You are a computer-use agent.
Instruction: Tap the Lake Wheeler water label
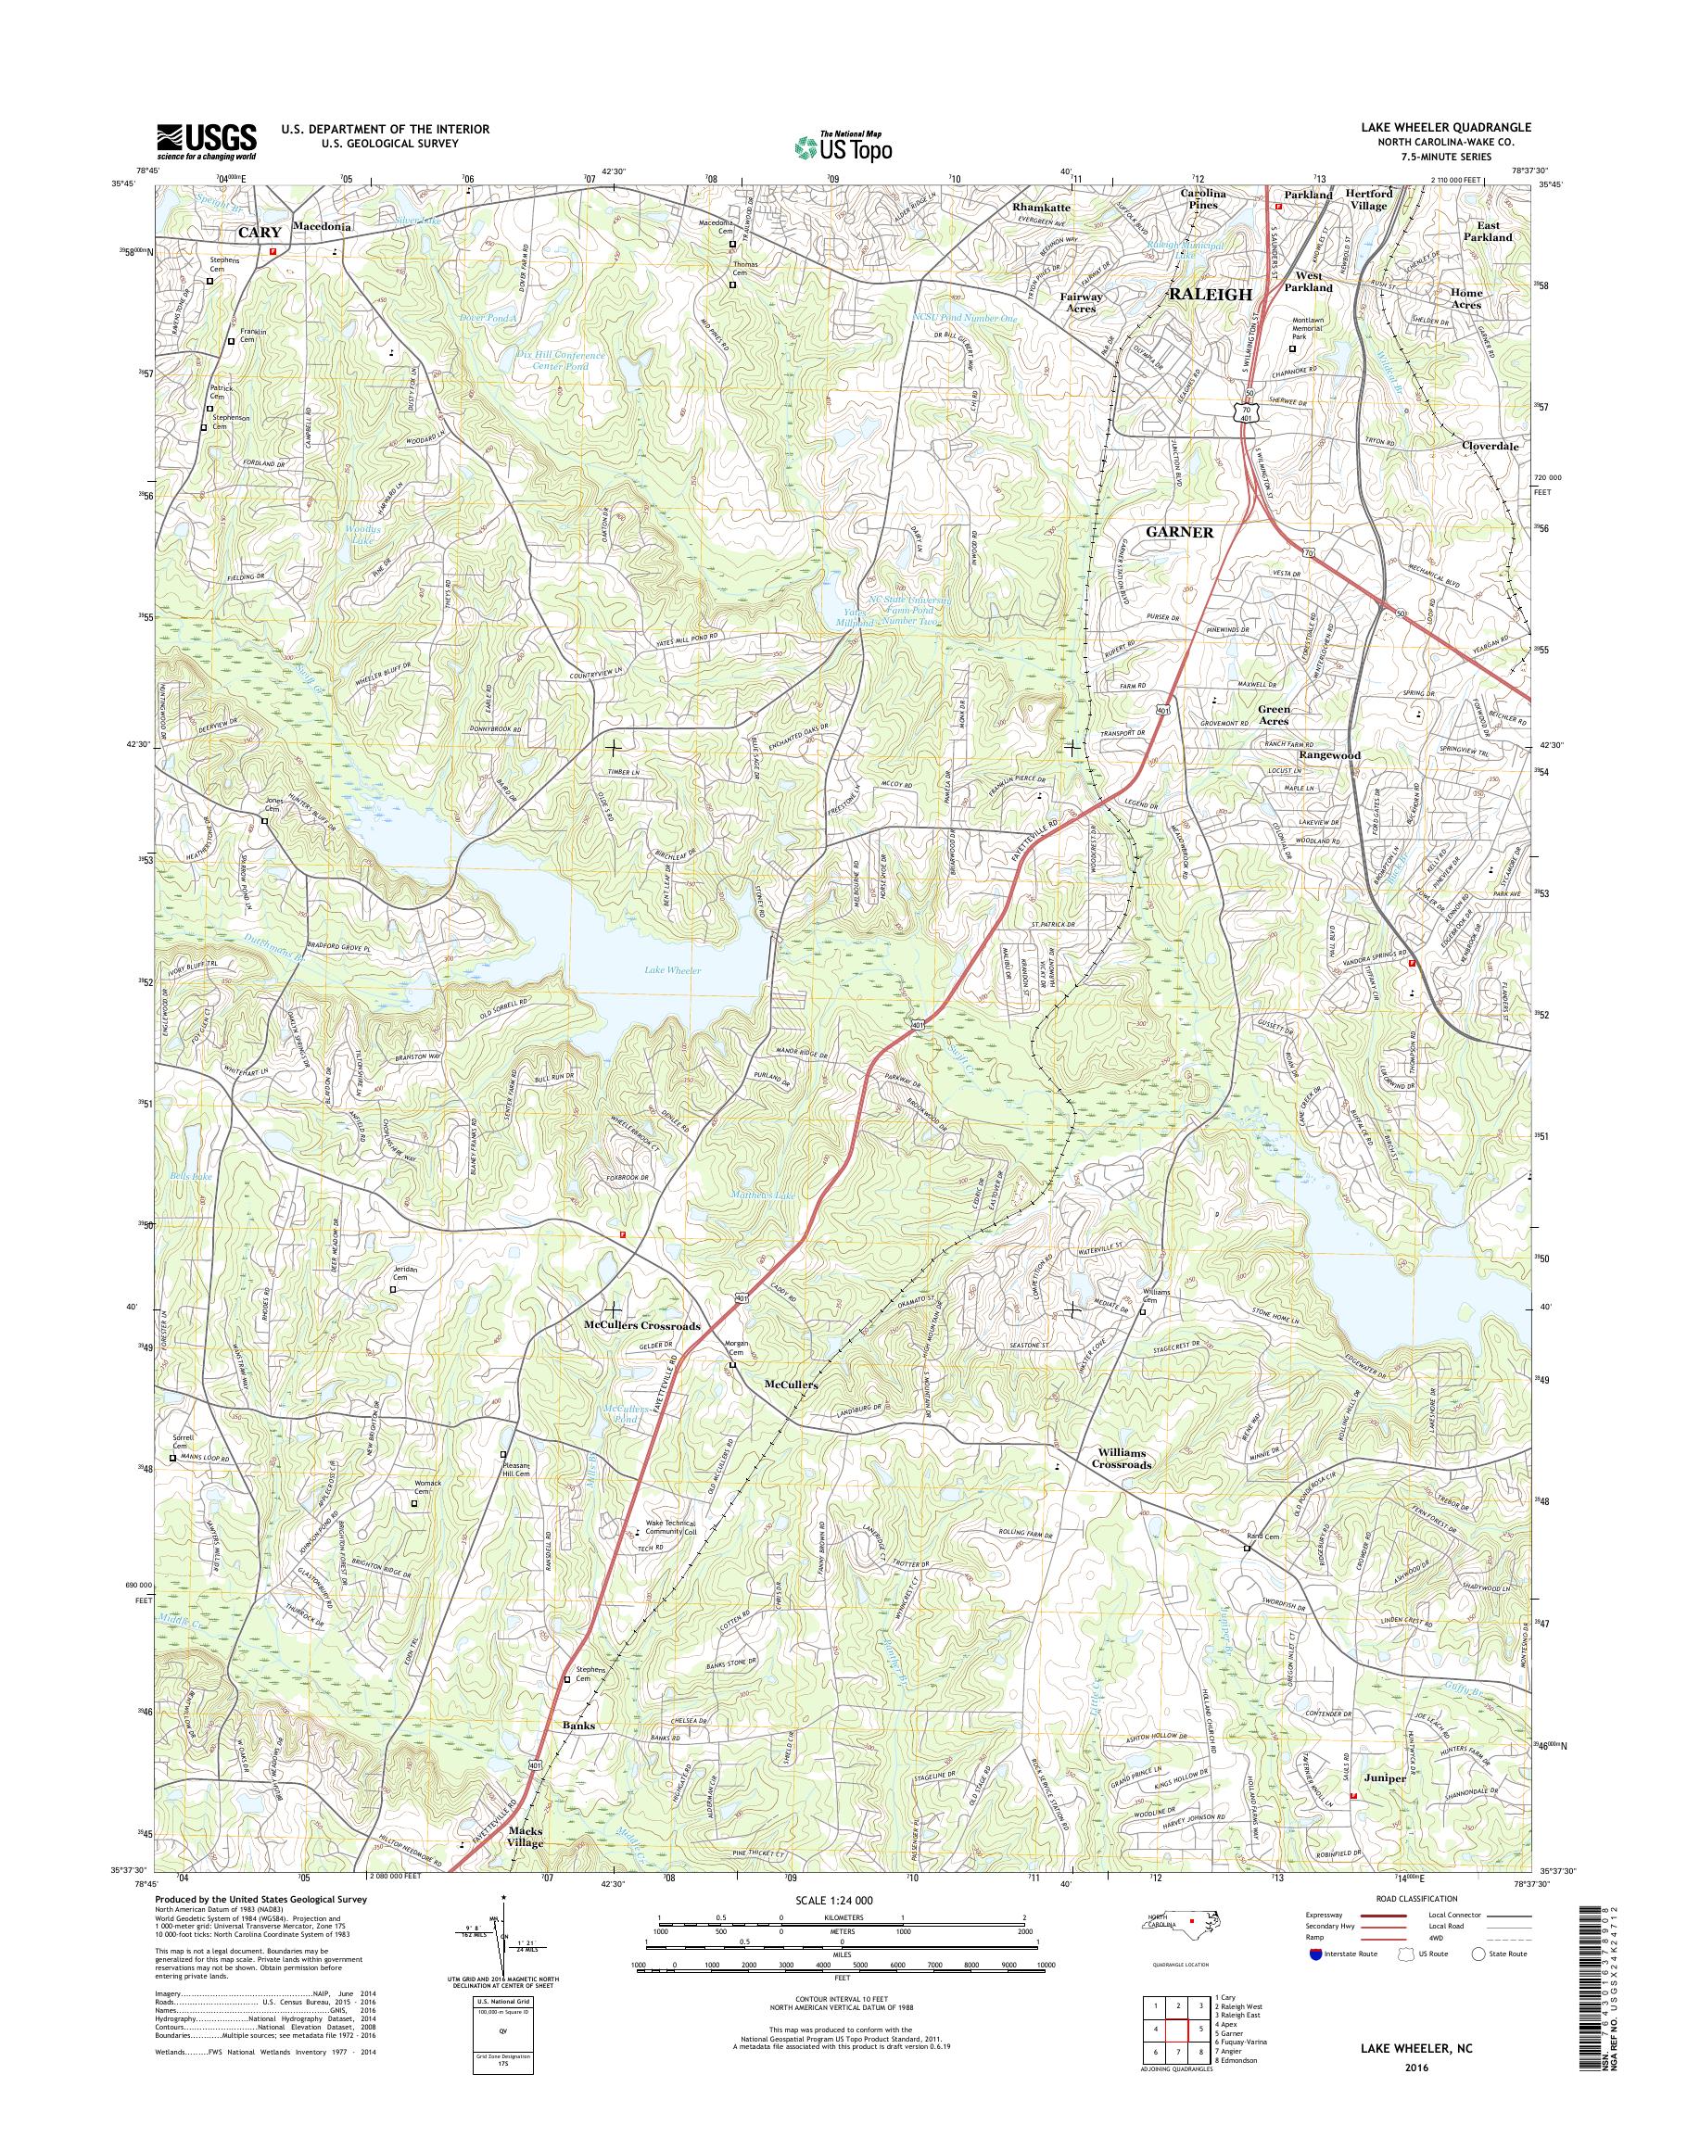[672, 971]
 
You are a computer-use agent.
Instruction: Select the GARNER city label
[1178, 531]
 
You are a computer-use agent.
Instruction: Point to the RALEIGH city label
[1210, 295]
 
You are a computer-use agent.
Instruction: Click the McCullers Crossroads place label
[642, 1325]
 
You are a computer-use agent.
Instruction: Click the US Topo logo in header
[843, 145]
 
